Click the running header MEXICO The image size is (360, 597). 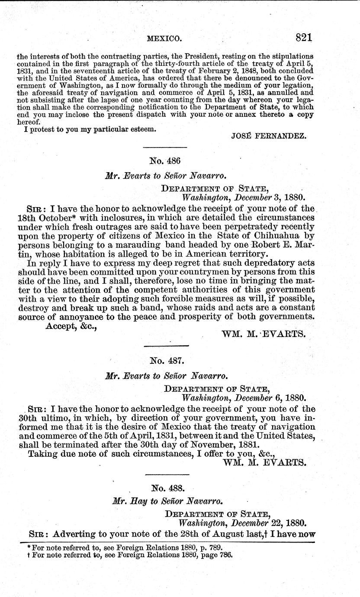point(164,39)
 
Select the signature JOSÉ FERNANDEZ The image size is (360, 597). point(269,136)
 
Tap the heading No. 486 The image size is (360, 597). point(164,161)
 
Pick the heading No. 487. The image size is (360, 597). point(166,360)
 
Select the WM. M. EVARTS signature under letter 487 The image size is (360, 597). point(265,462)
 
